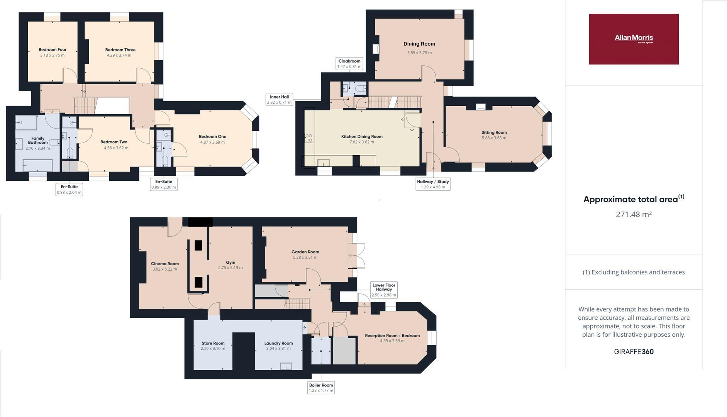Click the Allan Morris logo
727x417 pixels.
pos(634,39)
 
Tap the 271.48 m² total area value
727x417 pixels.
pos(634,214)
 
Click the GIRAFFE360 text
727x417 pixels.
pos(634,352)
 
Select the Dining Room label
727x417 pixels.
pos(419,44)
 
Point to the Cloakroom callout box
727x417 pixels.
pos(349,64)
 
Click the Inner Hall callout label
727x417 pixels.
pos(279,100)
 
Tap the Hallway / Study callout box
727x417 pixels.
pos(433,184)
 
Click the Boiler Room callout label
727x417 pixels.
pos(321,388)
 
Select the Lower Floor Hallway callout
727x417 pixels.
pos(384,290)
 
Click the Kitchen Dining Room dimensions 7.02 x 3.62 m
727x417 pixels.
pos(362,142)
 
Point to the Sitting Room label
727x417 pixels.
pos(494,132)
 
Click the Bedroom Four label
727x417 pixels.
pos(53,50)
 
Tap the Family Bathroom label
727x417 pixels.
pos(38,140)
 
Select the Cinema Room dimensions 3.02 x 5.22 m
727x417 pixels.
pos(164,269)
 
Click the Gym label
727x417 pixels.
pos(230,263)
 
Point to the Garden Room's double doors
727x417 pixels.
pos(358,256)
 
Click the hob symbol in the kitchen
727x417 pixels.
pos(309,137)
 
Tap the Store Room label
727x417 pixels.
pos(213,343)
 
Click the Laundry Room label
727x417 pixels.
pos(278,343)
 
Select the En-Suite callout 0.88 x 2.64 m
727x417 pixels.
pos(69,190)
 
